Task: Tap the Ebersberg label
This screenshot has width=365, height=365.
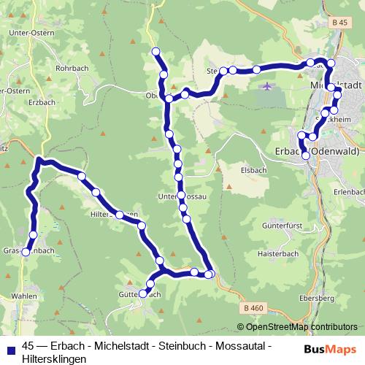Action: click(x=316, y=299)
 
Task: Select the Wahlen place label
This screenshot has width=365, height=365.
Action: click(x=24, y=296)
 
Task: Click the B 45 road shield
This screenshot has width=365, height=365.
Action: click(x=337, y=23)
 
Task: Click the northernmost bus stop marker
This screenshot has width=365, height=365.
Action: click(x=155, y=51)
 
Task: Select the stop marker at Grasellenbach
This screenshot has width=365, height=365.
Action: click(x=26, y=252)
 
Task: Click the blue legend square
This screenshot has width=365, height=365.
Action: click(x=10, y=347)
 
